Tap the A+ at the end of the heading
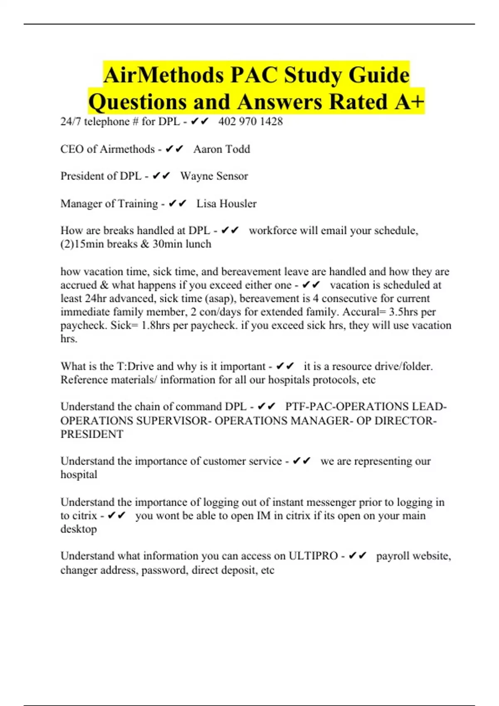click(x=409, y=102)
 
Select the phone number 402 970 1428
click(x=250, y=121)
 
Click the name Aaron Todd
click(x=222, y=149)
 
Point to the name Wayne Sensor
click(x=214, y=176)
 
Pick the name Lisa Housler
click(x=226, y=203)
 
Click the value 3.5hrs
click(x=404, y=312)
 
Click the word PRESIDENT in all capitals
click(x=92, y=434)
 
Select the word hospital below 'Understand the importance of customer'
click(x=79, y=475)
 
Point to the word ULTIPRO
click(x=313, y=556)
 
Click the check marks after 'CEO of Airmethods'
click(x=174, y=149)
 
